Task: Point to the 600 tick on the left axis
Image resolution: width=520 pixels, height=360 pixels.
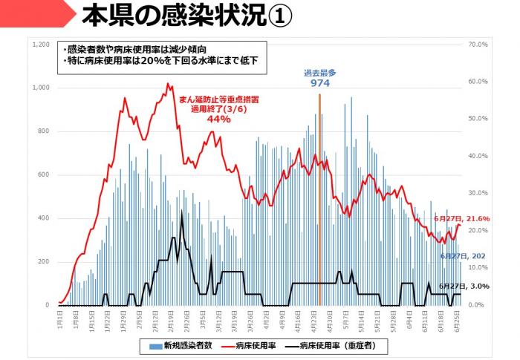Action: (x=44, y=175)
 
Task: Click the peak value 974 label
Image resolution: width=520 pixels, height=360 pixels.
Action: (x=320, y=83)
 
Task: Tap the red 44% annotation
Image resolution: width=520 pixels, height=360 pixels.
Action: (x=219, y=119)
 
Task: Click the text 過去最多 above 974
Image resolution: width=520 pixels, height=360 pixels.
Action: (x=320, y=73)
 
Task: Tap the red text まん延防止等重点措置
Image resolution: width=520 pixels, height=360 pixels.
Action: (x=218, y=98)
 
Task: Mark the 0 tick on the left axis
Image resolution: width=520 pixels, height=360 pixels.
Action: (x=48, y=305)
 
